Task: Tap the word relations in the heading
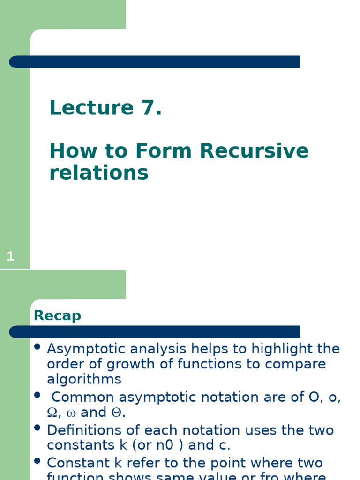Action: pos(98,172)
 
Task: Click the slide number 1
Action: pos(11,256)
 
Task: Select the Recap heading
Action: pos(57,315)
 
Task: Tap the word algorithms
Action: pos(84,379)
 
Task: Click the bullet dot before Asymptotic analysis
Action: pos(37,347)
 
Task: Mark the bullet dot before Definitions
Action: pos(37,428)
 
